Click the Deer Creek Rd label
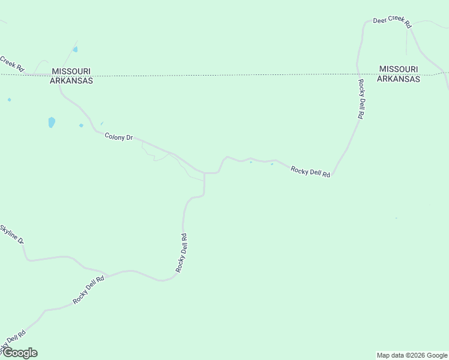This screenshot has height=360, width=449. tap(391, 22)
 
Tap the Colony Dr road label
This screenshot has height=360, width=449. tap(118, 137)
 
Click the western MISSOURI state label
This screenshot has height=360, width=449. tap(71, 71)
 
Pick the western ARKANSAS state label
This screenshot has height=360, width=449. tap(71, 80)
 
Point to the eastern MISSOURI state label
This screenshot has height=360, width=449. tap(399, 70)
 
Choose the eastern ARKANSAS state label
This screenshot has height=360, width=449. tap(399, 79)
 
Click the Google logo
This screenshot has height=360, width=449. tap(19, 353)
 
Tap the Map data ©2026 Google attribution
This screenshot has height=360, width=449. tap(412, 355)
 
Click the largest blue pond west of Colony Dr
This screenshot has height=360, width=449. tap(52, 122)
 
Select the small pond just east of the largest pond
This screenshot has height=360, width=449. tap(81, 125)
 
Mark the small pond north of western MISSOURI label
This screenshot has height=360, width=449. tap(75, 49)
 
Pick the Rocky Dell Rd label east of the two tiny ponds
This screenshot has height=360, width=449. tap(310, 172)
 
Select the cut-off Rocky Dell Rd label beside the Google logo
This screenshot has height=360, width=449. tap(13, 341)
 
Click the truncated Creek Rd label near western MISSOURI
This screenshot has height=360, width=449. tap(11, 62)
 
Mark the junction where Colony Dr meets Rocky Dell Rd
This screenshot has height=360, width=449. tap(205, 173)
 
